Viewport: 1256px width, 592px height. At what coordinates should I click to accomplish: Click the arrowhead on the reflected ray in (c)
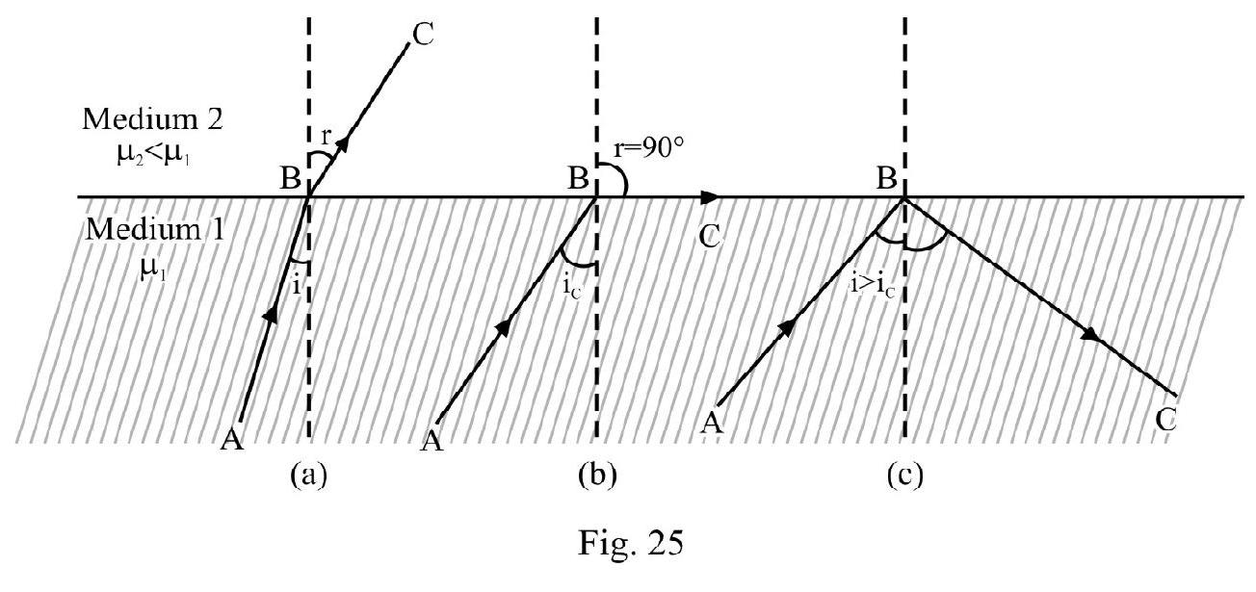[1091, 337]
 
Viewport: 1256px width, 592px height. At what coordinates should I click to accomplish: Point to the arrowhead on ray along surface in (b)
[710, 197]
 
